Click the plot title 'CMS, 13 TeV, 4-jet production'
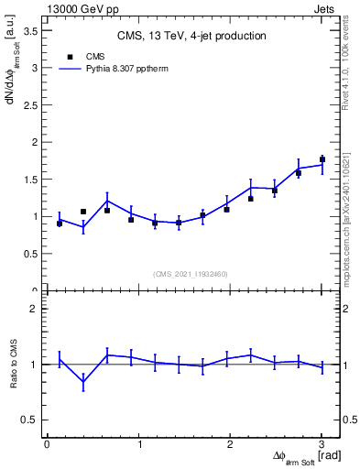191,36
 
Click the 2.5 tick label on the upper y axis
31,104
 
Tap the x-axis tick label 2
230,445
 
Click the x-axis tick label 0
47,445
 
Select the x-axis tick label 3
322,445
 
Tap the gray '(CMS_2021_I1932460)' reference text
191,273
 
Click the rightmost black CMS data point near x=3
322,159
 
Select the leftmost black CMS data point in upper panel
60,224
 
